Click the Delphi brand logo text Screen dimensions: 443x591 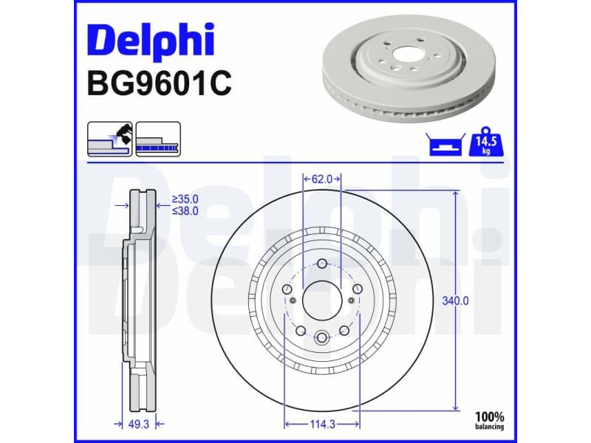tap(150, 41)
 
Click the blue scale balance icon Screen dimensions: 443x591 tap(445, 145)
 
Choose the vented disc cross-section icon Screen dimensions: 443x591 tap(158, 138)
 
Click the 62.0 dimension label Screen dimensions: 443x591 tap(322, 179)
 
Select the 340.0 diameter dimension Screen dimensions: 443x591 tap(456, 301)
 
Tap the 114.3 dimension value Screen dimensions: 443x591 tap(322, 424)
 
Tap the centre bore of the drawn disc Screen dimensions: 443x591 tap(322, 300)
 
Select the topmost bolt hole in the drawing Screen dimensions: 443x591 tap(322, 266)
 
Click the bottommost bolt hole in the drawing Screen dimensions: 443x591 tap(322, 338)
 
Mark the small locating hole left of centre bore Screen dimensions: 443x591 tap(293, 300)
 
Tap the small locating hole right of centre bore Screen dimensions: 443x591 tap(350, 300)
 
